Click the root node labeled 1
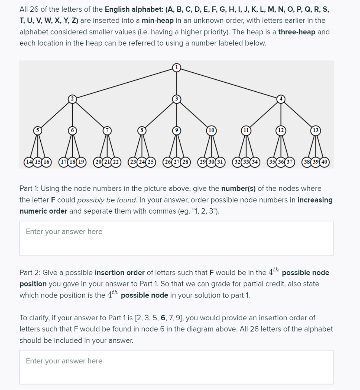176,68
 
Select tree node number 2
72,99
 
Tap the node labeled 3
176,99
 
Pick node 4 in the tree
281,99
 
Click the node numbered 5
38,130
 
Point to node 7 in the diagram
107,130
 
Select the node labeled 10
211,130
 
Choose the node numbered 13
315,130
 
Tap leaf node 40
325,161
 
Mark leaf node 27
176,161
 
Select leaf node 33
246,161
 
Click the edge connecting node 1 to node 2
124,83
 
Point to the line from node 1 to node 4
228,83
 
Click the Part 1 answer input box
176,238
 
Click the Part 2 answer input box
176,367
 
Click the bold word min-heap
158,21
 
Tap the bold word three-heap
296,32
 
